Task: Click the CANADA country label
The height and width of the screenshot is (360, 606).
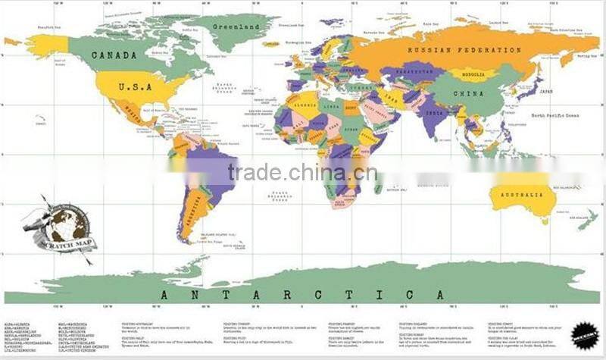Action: tap(114, 55)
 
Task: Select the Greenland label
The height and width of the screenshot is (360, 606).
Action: tap(235, 27)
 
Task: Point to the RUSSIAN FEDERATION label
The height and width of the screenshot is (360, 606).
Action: tap(464, 50)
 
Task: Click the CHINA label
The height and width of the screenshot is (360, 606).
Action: tap(467, 94)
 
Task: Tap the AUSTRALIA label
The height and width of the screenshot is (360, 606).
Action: tap(523, 196)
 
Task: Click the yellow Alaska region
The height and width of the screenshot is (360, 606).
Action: tap(47, 45)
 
